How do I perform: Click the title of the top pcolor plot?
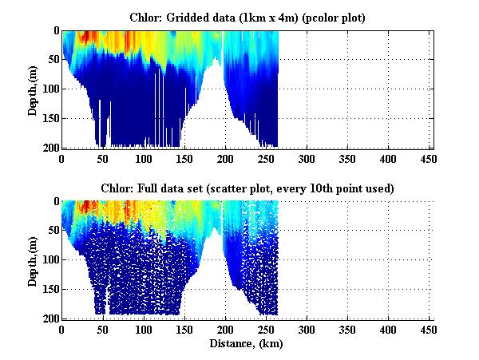click(x=247, y=18)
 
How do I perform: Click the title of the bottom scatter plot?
click(x=247, y=188)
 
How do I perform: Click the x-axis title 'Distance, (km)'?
click(x=247, y=345)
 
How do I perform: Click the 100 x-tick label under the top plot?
click(x=144, y=158)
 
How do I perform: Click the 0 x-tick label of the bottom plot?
click(x=62, y=329)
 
